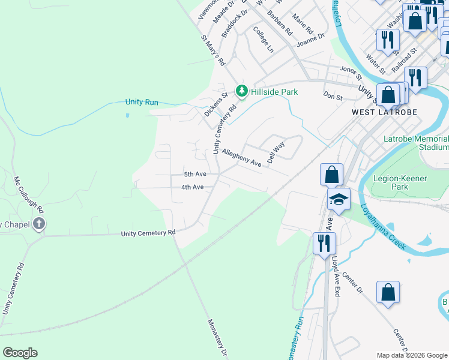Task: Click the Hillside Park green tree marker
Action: (241, 91)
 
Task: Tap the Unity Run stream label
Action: (142, 102)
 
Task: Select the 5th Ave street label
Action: (195, 174)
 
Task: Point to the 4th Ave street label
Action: (193, 187)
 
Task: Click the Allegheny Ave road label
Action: (241, 158)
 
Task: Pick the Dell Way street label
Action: (276, 152)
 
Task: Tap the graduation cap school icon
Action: (339, 199)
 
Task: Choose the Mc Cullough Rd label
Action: (29, 195)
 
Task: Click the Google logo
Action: (20, 353)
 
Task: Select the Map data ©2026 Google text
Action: (412, 355)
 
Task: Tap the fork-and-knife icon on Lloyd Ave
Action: (324, 244)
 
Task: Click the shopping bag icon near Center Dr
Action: (388, 292)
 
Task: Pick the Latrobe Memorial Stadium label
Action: (415, 143)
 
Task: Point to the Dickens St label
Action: (216, 103)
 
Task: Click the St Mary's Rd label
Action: (212, 50)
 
